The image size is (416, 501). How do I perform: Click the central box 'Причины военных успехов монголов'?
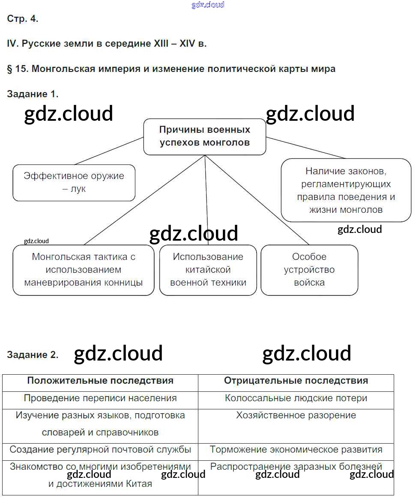point(204,137)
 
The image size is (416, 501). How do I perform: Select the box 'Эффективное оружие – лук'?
point(74,182)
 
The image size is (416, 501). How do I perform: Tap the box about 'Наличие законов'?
point(346,190)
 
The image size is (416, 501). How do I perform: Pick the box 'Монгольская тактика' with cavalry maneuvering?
point(84,270)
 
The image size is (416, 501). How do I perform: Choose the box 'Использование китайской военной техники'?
point(208,270)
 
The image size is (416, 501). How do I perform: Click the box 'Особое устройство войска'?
point(309,270)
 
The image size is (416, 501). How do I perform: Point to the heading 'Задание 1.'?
point(33,94)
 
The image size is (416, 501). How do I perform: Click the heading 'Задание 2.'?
point(33,355)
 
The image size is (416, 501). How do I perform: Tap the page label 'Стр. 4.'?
point(23,19)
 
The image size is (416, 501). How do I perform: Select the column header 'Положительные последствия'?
point(100,381)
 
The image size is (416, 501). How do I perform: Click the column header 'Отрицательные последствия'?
point(296,381)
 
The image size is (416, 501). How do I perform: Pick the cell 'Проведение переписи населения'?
point(100,398)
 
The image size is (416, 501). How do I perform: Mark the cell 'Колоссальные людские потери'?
point(296,398)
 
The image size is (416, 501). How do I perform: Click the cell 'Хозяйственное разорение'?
point(296,415)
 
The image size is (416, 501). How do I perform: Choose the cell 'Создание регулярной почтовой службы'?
point(100,450)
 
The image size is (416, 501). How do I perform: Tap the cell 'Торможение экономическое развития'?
point(296,450)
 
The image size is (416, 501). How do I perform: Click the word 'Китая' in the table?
point(139,484)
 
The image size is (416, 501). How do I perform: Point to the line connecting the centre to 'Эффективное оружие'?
point(109,151)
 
